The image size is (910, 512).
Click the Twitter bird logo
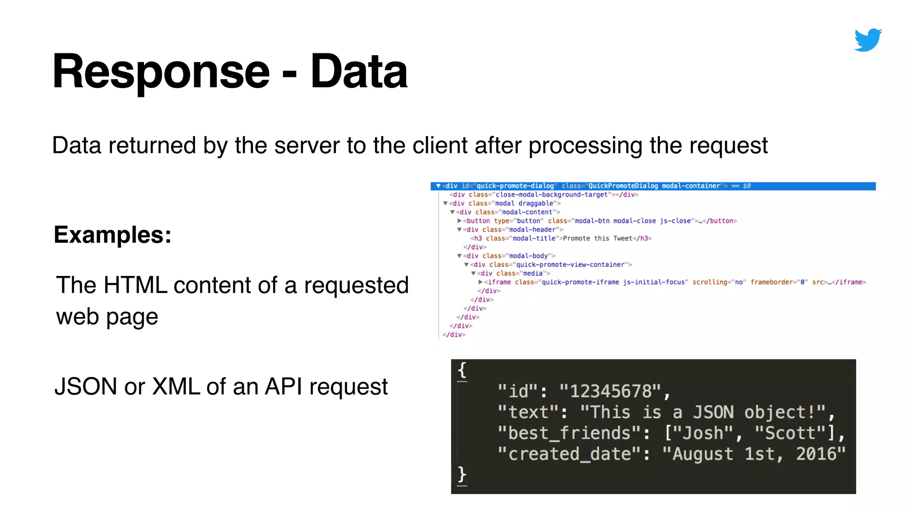click(x=868, y=40)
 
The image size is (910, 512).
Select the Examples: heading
click(x=112, y=235)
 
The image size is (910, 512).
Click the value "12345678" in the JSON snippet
click(x=611, y=392)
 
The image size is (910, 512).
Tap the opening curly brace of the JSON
click(x=462, y=370)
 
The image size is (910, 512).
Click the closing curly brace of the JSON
click(x=462, y=475)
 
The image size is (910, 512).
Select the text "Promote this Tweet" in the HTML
click(x=597, y=239)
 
